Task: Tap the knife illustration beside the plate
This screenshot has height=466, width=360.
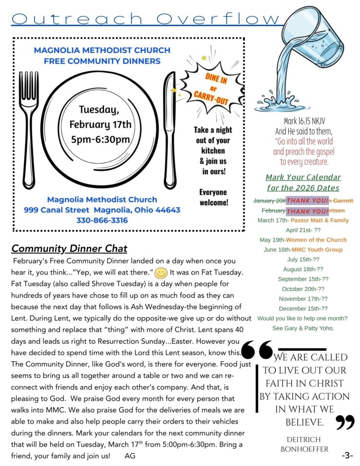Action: [169, 130]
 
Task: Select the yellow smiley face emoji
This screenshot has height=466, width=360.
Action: [161, 273]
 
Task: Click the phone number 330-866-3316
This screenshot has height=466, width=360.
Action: [102, 220]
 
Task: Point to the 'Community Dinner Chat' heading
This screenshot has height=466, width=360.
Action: [69, 248]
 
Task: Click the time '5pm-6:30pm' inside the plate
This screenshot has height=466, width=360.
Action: [101, 139]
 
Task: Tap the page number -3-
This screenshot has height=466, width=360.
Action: [347, 455]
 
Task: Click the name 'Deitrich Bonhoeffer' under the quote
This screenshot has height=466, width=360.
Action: [304, 444]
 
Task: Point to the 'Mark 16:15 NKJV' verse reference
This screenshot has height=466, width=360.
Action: [304, 121]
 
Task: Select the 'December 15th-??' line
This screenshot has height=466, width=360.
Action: [303, 309]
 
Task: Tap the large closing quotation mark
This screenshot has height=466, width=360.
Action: [345, 422]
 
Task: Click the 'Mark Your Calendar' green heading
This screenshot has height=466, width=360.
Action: [303, 177]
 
